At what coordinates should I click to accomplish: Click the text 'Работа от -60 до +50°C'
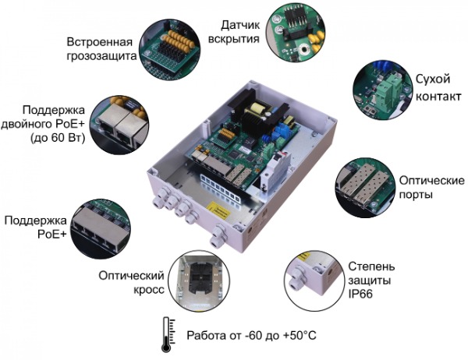(x=252, y=336)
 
